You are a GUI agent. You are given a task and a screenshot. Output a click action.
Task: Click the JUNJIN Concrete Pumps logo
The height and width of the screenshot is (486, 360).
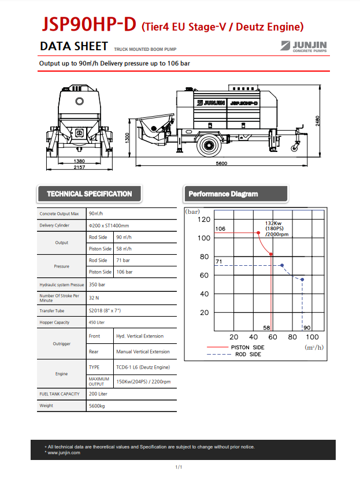304,46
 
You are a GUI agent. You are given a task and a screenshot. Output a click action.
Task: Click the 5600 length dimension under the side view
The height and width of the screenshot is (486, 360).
222,164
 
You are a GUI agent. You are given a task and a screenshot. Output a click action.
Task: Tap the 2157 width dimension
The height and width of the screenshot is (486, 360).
79,167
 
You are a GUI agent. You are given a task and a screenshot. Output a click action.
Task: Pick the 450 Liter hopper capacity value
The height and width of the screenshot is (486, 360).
97,322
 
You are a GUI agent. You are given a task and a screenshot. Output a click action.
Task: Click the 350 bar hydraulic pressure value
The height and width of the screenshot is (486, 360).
97,285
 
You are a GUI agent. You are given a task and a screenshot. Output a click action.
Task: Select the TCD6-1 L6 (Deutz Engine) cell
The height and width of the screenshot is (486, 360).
143,367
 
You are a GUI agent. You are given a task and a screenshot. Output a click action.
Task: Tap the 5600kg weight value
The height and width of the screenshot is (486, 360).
97,406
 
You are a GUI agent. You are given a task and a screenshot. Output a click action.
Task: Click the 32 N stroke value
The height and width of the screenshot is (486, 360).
94,298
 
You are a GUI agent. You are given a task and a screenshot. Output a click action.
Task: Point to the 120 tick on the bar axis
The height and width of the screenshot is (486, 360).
203,220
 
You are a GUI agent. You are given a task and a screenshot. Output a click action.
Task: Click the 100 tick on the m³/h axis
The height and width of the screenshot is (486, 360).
311,337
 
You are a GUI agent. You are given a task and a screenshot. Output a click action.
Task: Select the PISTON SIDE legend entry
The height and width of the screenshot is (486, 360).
247,347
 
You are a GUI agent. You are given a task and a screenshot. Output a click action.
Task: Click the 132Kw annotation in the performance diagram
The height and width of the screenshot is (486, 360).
273,223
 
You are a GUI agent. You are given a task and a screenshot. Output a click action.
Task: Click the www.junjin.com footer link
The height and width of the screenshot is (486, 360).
64,452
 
